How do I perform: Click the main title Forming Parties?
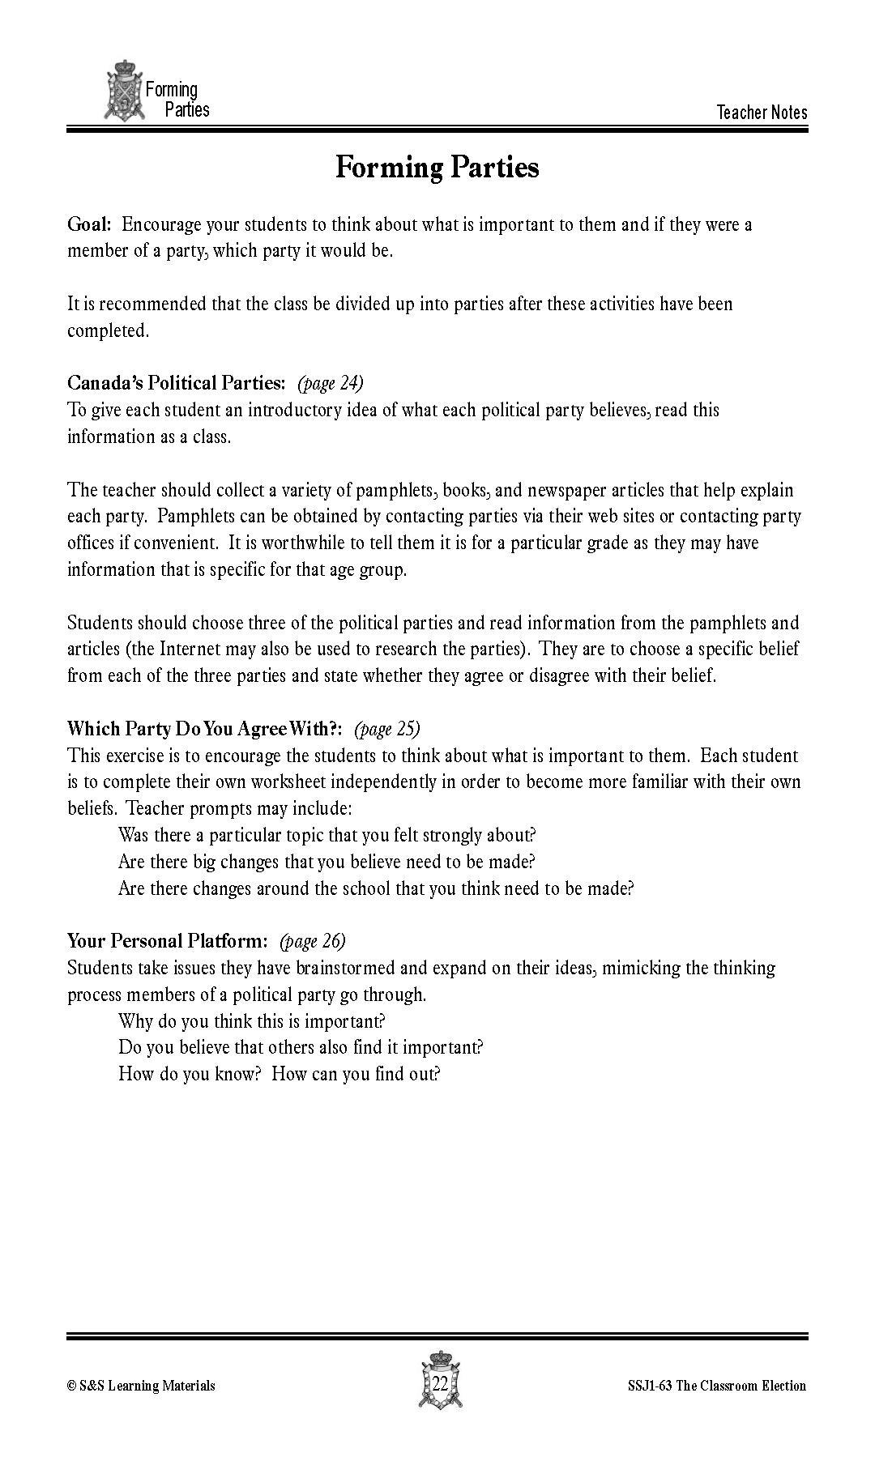[437, 168]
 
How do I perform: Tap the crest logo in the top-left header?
[123, 91]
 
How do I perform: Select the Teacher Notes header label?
[762, 113]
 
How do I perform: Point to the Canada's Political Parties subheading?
[176, 382]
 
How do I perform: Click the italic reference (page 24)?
[331, 382]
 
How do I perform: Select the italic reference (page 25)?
[387, 728]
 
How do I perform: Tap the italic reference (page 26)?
[312, 940]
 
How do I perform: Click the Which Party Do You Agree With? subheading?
[206, 728]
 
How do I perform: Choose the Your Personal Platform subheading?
[167, 940]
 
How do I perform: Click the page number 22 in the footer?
[440, 1383]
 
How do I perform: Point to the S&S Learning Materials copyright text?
[141, 1386]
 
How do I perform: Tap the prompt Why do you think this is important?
[251, 1020]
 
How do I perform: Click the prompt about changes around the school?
[375, 888]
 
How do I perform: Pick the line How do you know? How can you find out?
[279, 1074]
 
